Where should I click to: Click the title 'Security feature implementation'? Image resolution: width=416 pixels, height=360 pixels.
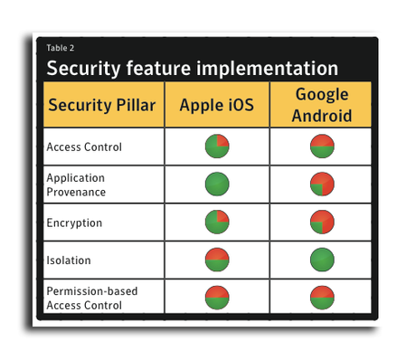pyautogui.click(x=192, y=68)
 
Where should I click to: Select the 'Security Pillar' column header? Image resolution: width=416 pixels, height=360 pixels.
pyautogui.click(x=102, y=105)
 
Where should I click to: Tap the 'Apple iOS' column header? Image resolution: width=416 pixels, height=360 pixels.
pyautogui.click(x=217, y=105)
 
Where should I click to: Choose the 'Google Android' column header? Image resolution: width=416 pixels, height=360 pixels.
pyautogui.click(x=321, y=104)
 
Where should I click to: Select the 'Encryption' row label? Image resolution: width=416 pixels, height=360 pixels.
pyautogui.click(x=74, y=222)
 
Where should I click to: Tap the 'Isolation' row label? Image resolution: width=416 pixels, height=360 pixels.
pyautogui.click(x=70, y=260)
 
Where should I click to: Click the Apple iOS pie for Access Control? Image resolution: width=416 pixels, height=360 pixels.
pyautogui.click(x=217, y=146)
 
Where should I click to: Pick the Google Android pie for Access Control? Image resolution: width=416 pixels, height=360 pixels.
pyautogui.click(x=322, y=146)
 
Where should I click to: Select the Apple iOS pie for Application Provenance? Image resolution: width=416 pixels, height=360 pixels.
pyautogui.click(x=217, y=184)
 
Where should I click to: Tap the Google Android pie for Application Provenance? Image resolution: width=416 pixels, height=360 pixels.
pyautogui.click(x=322, y=184)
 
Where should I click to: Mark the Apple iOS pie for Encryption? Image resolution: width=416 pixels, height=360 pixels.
pyautogui.click(x=217, y=222)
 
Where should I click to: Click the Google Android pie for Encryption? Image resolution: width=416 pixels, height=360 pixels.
pyautogui.click(x=322, y=222)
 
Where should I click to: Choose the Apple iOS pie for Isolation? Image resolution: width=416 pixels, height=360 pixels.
pyautogui.click(x=217, y=260)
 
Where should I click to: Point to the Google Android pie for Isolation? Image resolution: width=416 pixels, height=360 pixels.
pyautogui.click(x=322, y=260)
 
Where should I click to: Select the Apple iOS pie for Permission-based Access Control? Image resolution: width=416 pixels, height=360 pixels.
pyautogui.click(x=217, y=298)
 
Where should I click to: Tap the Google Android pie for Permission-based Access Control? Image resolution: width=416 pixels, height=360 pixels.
pyautogui.click(x=322, y=298)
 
